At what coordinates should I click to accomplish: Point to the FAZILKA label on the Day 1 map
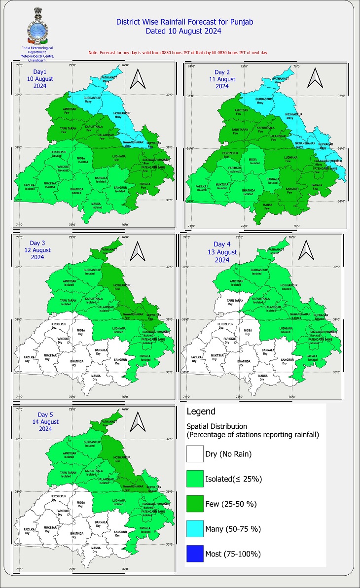(x=30, y=186)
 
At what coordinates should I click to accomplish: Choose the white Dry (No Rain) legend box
(x=195, y=453)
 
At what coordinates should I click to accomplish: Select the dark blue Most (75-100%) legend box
(x=195, y=553)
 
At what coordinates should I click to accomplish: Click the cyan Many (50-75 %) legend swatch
(x=195, y=528)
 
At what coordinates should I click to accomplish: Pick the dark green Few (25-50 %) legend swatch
(x=195, y=503)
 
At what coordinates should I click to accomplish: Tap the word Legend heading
(x=201, y=411)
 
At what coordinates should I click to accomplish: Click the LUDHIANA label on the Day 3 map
(x=118, y=329)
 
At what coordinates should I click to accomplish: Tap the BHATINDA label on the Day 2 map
(x=248, y=191)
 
